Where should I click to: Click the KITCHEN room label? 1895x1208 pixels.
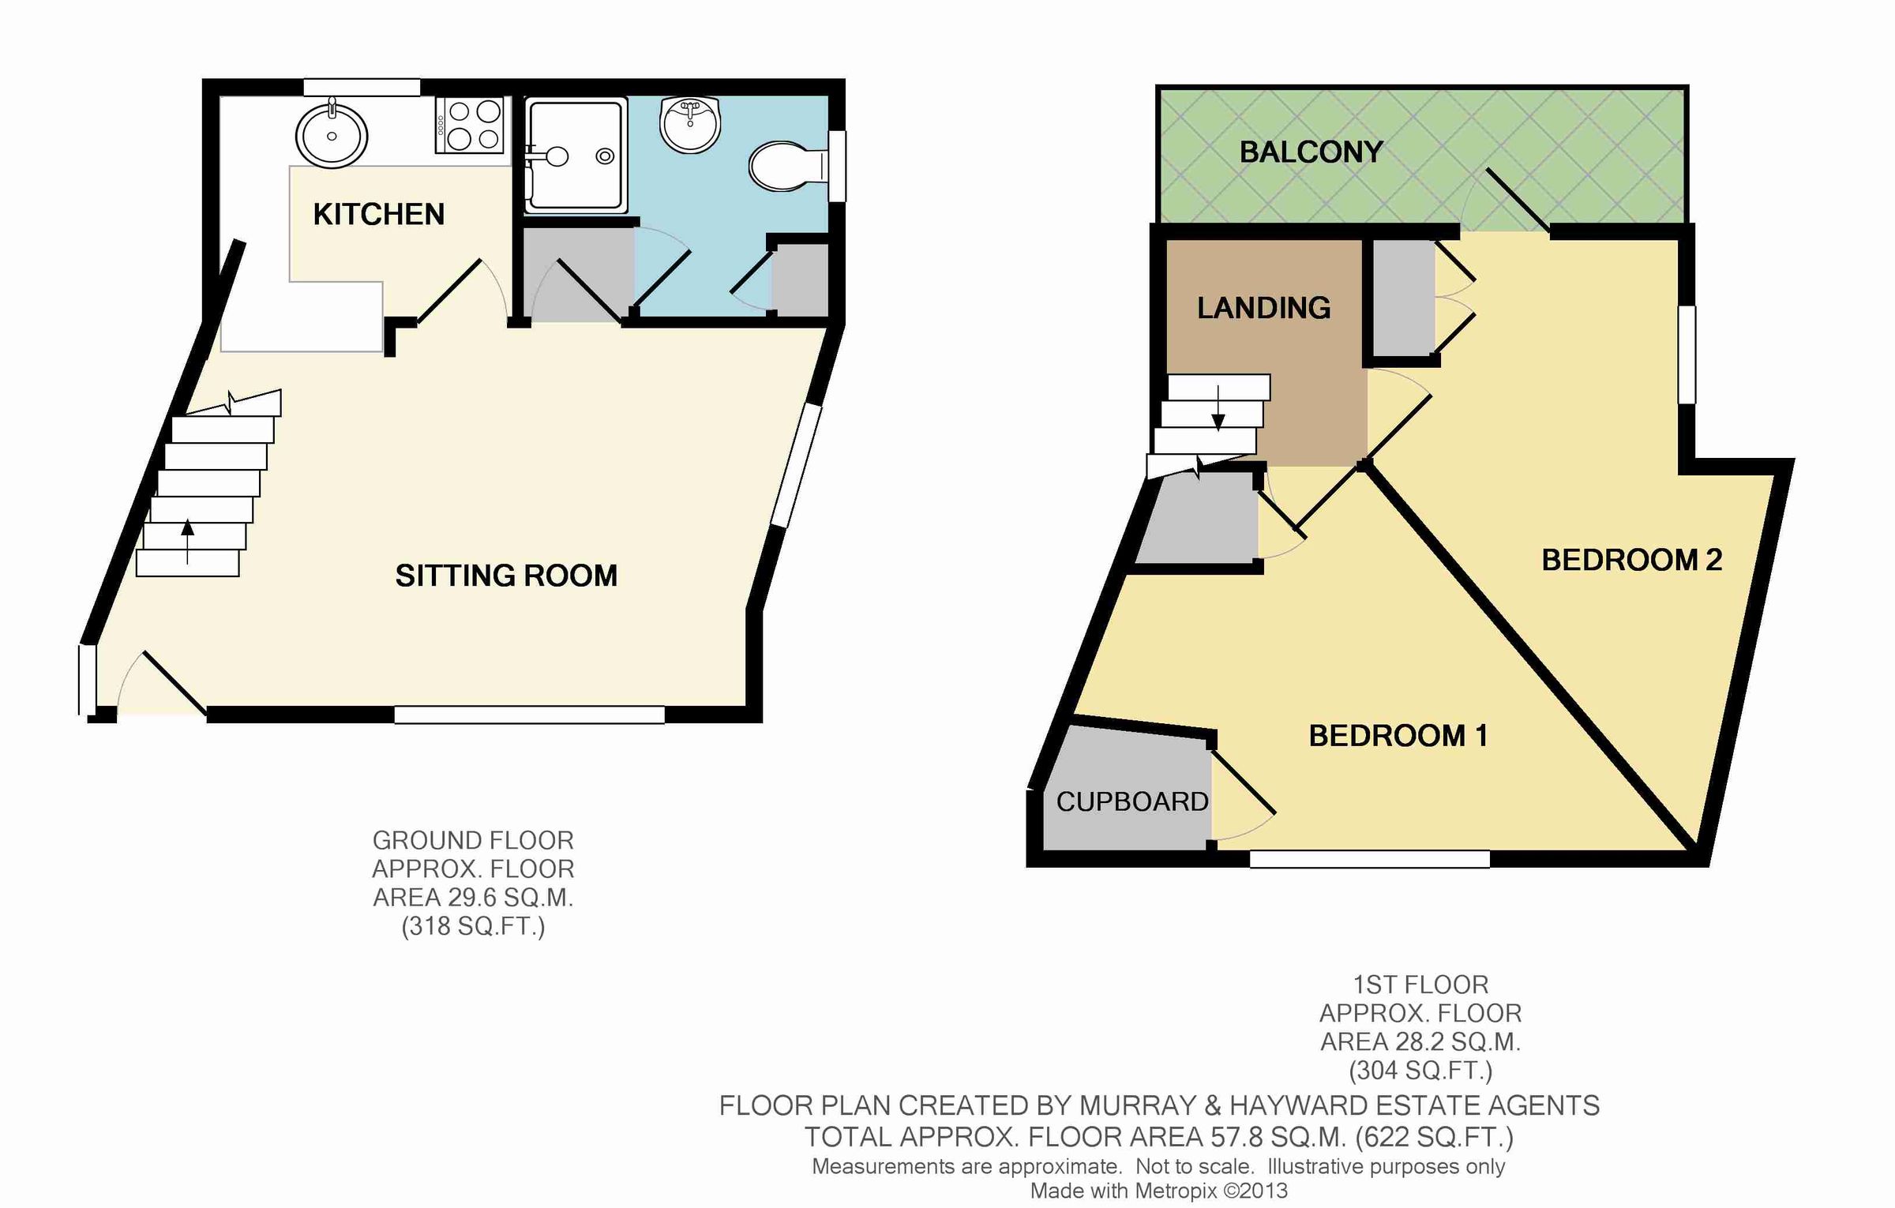pos(378,215)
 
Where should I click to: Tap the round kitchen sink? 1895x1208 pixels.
pos(332,136)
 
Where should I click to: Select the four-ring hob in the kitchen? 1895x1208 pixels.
pos(470,125)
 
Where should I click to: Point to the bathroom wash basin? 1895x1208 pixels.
pos(690,125)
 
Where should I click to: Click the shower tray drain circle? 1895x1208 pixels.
pos(605,156)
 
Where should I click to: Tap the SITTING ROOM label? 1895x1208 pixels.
pos(506,576)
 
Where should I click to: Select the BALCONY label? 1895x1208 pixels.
pos(1311,152)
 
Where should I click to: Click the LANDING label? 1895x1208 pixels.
pos(1263,308)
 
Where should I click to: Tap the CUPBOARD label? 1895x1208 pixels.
pos(1131,802)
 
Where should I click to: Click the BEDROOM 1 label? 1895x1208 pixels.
pos(1398,736)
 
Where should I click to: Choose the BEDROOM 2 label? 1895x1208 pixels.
pos(1631,560)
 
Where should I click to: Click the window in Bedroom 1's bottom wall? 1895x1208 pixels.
pos(1369,859)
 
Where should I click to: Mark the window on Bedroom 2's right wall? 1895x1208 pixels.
pos(1686,355)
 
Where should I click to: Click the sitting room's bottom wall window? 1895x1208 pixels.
pos(529,715)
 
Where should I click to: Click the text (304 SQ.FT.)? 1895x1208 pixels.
pos(1420,1071)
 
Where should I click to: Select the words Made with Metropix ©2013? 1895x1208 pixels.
pos(1158,1191)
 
